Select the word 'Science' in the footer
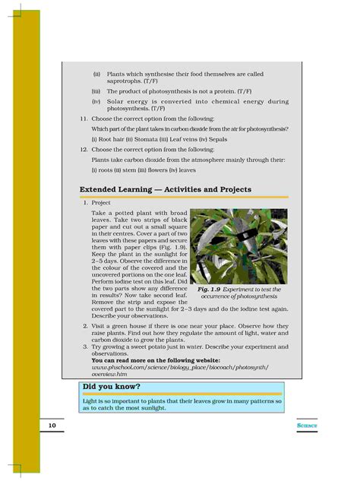tap(308, 426)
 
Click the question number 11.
tap(84, 120)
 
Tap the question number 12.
tap(84, 150)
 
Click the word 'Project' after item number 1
tap(101, 203)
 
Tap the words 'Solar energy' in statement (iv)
tap(127, 101)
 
